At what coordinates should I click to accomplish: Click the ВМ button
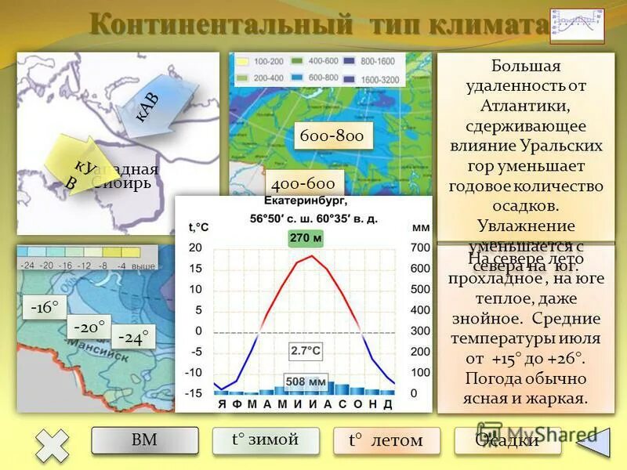(144, 440)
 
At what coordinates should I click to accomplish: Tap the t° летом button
(386, 440)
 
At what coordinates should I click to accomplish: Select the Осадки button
(507, 440)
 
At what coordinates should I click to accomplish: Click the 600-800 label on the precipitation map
(332, 136)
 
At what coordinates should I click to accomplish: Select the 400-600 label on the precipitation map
(303, 184)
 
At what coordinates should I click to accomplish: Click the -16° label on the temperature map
(45, 308)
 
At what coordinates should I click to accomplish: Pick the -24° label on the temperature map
(132, 338)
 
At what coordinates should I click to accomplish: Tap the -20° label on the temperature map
(89, 327)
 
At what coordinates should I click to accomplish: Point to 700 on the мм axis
(420, 248)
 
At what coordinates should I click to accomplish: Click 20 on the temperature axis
(195, 248)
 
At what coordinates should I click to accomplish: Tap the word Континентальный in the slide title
(219, 24)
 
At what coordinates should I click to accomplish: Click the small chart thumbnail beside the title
(577, 28)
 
